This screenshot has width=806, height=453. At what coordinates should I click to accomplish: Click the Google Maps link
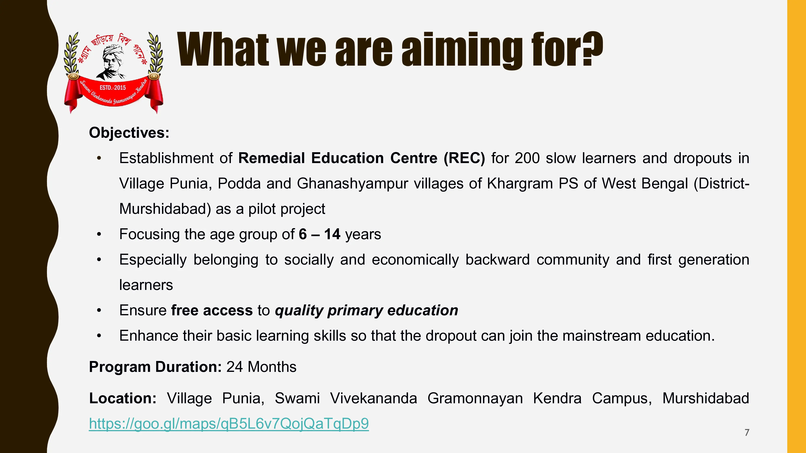tap(229, 424)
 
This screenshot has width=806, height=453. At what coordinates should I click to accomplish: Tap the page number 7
tap(747, 432)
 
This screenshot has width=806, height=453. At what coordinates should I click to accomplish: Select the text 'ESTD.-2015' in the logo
tap(113, 88)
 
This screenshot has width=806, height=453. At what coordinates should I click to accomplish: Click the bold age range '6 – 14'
tap(319, 234)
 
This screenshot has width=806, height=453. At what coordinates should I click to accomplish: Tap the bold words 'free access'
tap(212, 310)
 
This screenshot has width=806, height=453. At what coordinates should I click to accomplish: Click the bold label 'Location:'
tap(123, 398)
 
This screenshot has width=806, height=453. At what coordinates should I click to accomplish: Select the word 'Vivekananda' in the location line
tap(374, 398)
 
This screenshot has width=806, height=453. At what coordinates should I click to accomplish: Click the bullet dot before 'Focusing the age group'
tap(99, 234)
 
